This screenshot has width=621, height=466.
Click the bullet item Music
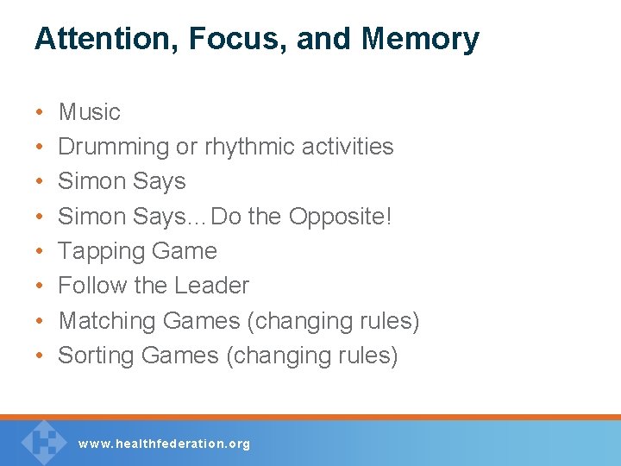pyautogui.click(x=89, y=112)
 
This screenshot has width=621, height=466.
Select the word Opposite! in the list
pyautogui.click(x=340, y=216)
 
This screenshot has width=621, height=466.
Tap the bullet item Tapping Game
pyautogui.click(x=137, y=251)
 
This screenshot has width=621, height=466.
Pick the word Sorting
pyautogui.click(x=97, y=356)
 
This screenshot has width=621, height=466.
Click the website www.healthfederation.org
pyautogui.click(x=164, y=444)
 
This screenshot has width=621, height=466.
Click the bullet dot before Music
pyautogui.click(x=40, y=113)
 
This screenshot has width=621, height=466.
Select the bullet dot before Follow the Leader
pyautogui.click(x=40, y=287)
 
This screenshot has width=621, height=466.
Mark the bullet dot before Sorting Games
pyautogui.click(x=40, y=356)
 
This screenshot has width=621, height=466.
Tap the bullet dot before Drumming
pyautogui.click(x=40, y=148)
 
